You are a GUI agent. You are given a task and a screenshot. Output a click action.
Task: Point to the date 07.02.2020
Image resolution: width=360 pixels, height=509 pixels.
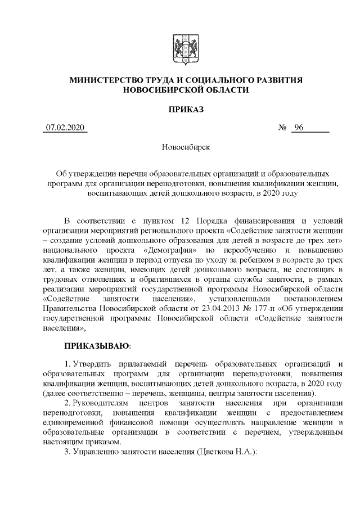click(x=65, y=128)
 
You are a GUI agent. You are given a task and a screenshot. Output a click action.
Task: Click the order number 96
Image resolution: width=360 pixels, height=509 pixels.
click(x=298, y=128)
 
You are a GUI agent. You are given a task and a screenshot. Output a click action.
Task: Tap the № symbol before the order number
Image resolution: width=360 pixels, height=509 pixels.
click(x=283, y=128)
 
